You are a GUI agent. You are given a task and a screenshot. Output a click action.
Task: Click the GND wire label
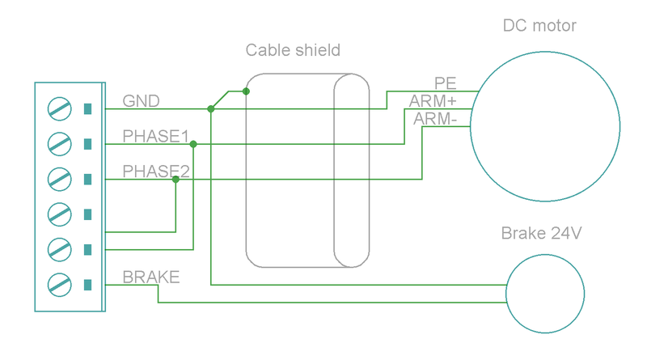click(141, 101)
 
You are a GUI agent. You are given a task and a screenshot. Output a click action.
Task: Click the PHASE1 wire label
click(155, 136)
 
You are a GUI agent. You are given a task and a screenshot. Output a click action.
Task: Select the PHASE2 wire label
click(155, 172)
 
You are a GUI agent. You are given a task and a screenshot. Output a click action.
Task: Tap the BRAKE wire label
click(151, 277)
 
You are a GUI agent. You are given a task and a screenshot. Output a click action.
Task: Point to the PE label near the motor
click(446, 83)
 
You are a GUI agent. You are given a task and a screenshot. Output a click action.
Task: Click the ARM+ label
click(433, 101)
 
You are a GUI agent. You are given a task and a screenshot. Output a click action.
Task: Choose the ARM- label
click(435, 119)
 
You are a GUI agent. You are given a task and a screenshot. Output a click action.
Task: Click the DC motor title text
click(539, 26)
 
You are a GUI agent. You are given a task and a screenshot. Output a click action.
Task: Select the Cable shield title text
click(293, 50)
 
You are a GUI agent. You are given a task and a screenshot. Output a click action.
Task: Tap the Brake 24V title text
click(542, 234)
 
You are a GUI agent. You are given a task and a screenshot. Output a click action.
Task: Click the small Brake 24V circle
click(544, 293)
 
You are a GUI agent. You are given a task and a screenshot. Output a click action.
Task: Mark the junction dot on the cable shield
click(246, 91)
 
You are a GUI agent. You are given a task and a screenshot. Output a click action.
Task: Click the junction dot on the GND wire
click(211, 108)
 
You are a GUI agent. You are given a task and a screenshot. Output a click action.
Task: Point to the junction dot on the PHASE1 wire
click(193, 144)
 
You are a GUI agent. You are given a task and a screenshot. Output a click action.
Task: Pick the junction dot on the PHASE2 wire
click(175, 180)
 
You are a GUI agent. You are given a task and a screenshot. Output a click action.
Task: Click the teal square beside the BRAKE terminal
click(87, 284)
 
